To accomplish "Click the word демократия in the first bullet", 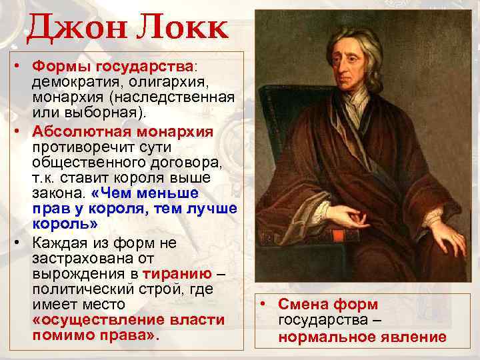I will pos(75,82).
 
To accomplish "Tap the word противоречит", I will pos(81,145).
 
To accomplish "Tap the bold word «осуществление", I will pos(97,320).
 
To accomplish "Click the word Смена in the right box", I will pos(306,304).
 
